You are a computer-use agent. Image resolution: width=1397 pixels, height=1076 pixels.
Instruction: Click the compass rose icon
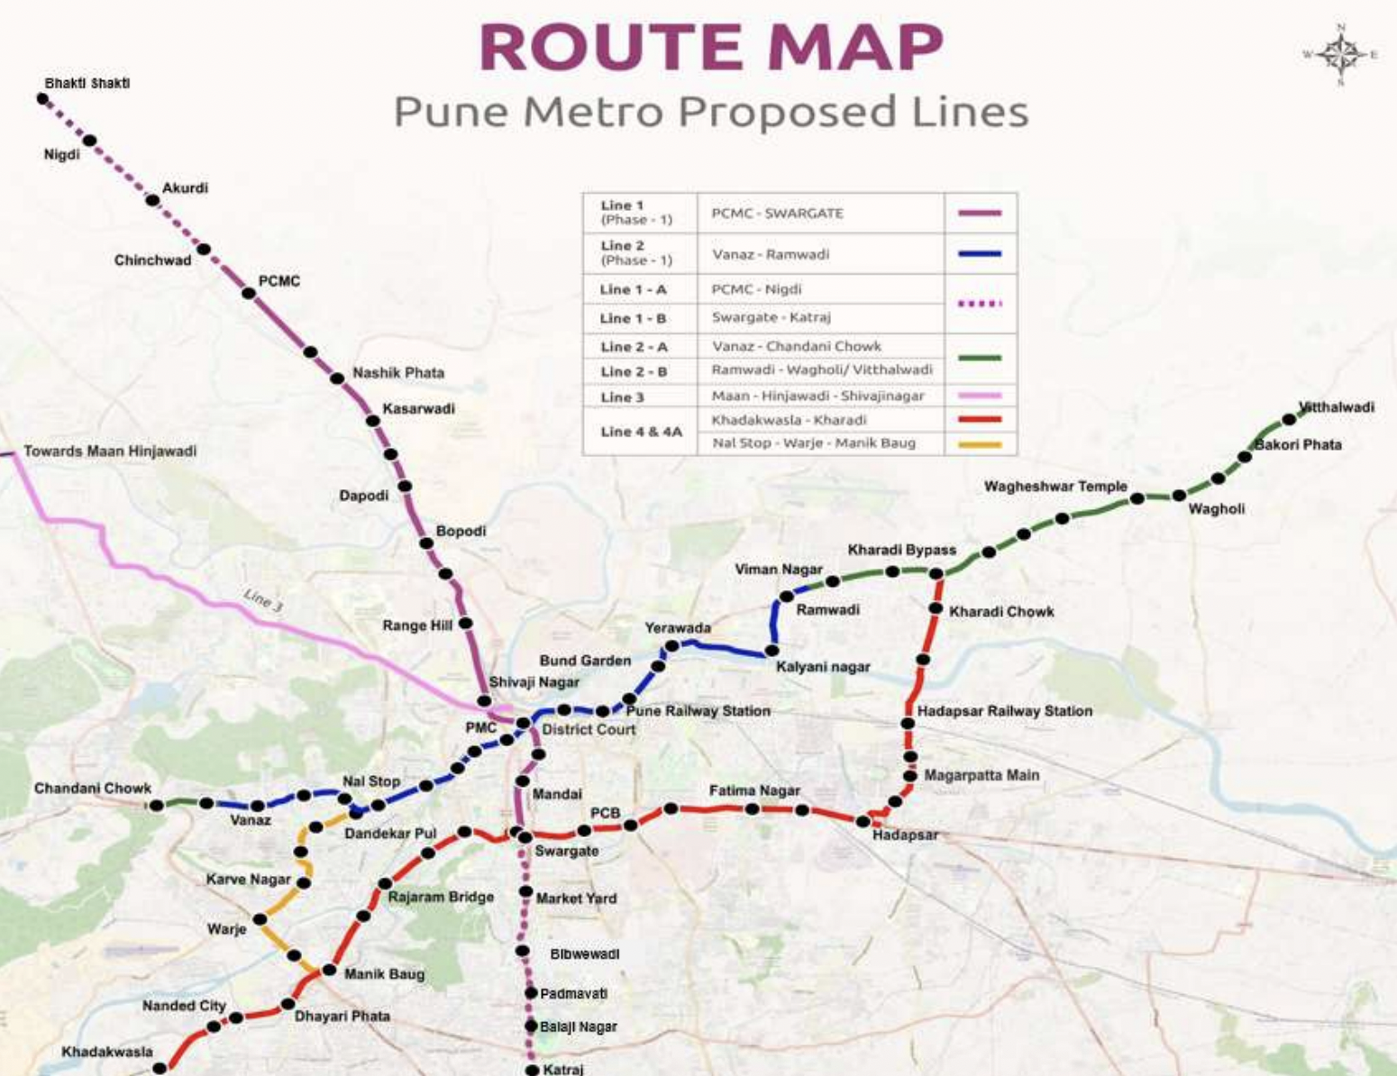(x=1341, y=55)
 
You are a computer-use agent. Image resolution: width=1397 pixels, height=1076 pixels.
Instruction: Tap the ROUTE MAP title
(x=711, y=47)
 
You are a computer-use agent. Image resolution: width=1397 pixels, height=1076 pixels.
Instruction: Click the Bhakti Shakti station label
(x=87, y=83)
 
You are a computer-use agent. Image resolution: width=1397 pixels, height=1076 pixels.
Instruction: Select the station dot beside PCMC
(x=249, y=293)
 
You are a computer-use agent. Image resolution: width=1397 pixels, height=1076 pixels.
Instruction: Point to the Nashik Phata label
(x=397, y=372)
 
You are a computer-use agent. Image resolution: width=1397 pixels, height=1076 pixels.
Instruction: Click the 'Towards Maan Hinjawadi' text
(x=110, y=451)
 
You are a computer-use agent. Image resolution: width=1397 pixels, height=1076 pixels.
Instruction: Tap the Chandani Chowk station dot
(x=157, y=805)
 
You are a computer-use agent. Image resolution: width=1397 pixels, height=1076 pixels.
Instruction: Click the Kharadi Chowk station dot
(x=936, y=609)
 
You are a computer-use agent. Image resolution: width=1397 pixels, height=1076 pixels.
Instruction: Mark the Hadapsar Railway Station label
(x=1004, y=711)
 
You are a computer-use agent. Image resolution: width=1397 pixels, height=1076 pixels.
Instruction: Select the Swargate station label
(x=566, y=851)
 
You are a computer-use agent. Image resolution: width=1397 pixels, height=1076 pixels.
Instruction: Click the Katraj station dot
(x=532, y=1070)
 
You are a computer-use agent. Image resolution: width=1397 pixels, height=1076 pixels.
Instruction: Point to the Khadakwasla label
(x=106, y=1052)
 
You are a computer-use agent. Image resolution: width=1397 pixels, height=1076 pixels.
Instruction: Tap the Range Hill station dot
(x=465, y=623)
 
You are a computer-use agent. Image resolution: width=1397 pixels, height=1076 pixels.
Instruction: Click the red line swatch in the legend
(x=980, y=419)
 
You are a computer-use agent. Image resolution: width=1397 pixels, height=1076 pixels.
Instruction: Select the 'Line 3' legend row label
(x=623, y=397)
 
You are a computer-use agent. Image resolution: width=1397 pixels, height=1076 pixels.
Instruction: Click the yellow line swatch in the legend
(x=980, y=443)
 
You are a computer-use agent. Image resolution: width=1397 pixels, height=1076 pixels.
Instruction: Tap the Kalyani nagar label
(x=823, y=667)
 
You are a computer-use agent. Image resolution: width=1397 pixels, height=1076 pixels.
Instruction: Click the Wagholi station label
(x=1216, y=509)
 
